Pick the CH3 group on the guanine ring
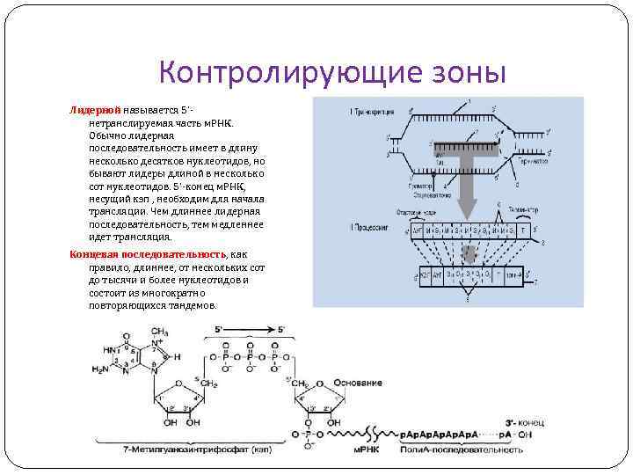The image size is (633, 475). click(160, 332)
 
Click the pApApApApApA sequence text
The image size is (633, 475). click(439, 435)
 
